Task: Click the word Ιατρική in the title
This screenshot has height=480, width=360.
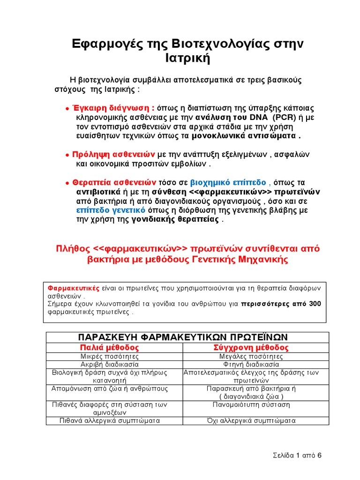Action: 187,60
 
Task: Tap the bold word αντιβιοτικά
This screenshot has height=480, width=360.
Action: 98,192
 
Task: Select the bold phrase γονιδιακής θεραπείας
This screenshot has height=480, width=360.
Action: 175,220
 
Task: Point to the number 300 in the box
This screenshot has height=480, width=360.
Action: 315,304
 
